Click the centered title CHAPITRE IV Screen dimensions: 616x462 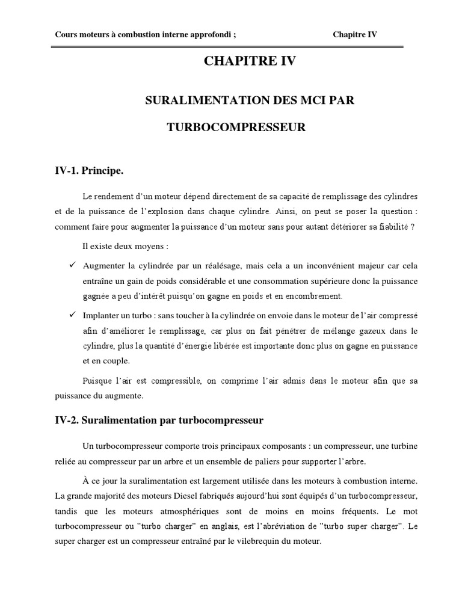250,61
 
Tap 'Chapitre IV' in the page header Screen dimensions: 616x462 355,34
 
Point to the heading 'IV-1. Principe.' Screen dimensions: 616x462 89,171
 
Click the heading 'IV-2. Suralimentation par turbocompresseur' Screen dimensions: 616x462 159,420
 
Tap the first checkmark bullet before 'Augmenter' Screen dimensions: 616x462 72,265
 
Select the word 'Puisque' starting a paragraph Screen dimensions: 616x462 96,381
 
